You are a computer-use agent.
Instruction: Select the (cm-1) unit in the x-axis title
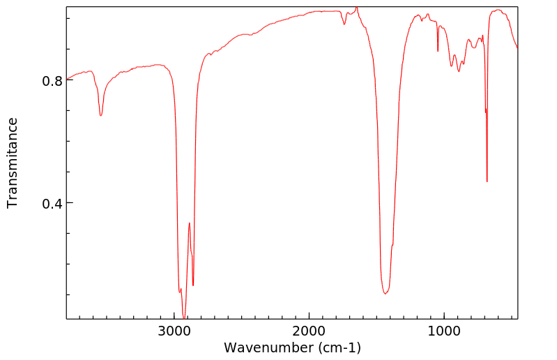click(339, 347)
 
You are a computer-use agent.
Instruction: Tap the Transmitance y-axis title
click(13, 163)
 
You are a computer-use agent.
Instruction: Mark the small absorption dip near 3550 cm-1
click(101, 115)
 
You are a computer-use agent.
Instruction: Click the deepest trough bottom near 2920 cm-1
click(184, 317)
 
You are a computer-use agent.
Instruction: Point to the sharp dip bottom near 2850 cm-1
click(193, 285)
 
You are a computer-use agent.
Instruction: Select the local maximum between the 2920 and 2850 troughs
click(189, 223)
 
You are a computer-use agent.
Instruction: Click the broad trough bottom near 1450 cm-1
click(385, 293)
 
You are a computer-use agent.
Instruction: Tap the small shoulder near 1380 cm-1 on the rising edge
click(392, 246)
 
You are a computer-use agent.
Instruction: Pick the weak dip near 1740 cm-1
click(344, 24)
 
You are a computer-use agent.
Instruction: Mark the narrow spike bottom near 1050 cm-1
click(438, 51)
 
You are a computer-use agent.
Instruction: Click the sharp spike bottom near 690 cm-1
click(487, 181)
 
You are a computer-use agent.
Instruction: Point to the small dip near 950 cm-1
click(452, 66)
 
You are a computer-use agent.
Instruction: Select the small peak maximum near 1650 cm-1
click(356, 8)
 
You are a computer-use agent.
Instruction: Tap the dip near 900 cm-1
click(459, 71)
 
